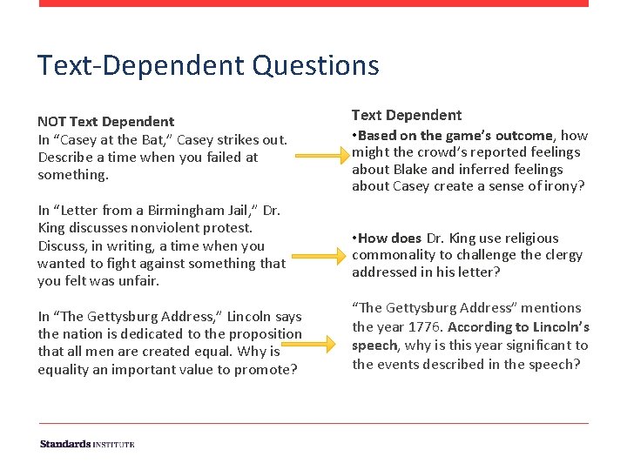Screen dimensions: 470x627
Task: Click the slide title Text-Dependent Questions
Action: tap(208, 65)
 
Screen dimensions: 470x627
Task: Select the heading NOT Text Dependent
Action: tap(105, 122)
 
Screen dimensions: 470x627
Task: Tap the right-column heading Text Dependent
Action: tap(407, 115)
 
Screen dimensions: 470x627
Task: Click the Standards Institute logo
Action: tap(87, 445)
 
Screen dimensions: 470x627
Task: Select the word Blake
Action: tap(410, 170)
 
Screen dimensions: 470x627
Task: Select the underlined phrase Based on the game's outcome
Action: tap(455, 136)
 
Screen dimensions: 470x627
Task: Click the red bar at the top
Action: tap(313, 3)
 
